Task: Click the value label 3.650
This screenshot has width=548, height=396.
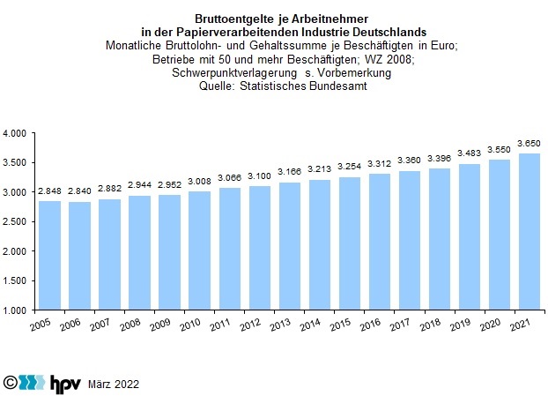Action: point(529,143)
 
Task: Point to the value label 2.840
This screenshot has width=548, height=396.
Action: point(80,191)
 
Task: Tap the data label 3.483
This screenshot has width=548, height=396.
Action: point(469,153)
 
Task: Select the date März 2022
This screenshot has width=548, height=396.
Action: point(114,385)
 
